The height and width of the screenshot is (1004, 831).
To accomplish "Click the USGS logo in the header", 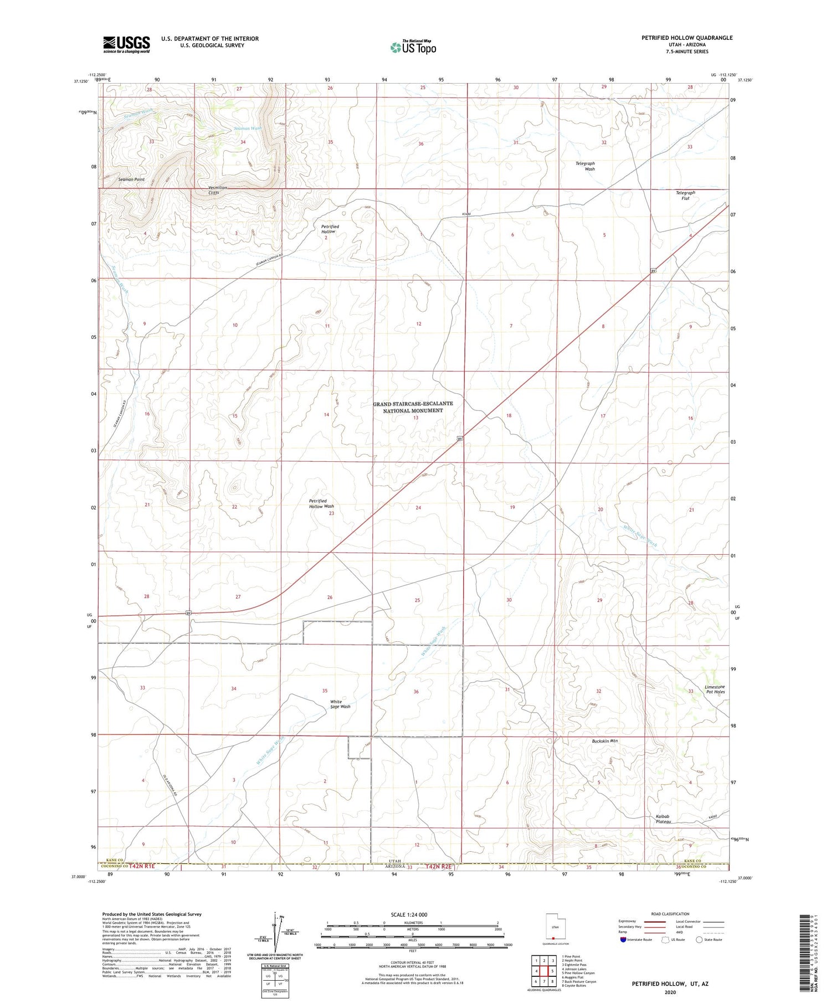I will point(126,44).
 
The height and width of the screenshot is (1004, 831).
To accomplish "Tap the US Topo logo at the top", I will point(413,47).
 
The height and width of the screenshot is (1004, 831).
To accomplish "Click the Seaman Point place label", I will point(131,179).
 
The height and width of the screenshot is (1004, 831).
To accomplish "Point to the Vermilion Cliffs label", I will point(217,190).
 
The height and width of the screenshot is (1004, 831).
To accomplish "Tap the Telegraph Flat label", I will point(685,194).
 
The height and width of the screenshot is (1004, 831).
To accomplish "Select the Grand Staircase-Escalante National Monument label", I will point(413,407).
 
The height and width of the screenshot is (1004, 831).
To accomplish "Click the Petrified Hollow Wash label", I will point(321,503).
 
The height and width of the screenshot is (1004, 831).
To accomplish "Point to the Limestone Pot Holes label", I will point(714,689).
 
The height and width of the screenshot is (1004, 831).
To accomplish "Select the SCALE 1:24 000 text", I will point(409,914).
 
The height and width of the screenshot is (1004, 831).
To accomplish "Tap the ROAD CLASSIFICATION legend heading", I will point(670,914).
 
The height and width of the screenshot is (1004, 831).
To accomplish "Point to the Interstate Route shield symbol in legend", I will point(624,940).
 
